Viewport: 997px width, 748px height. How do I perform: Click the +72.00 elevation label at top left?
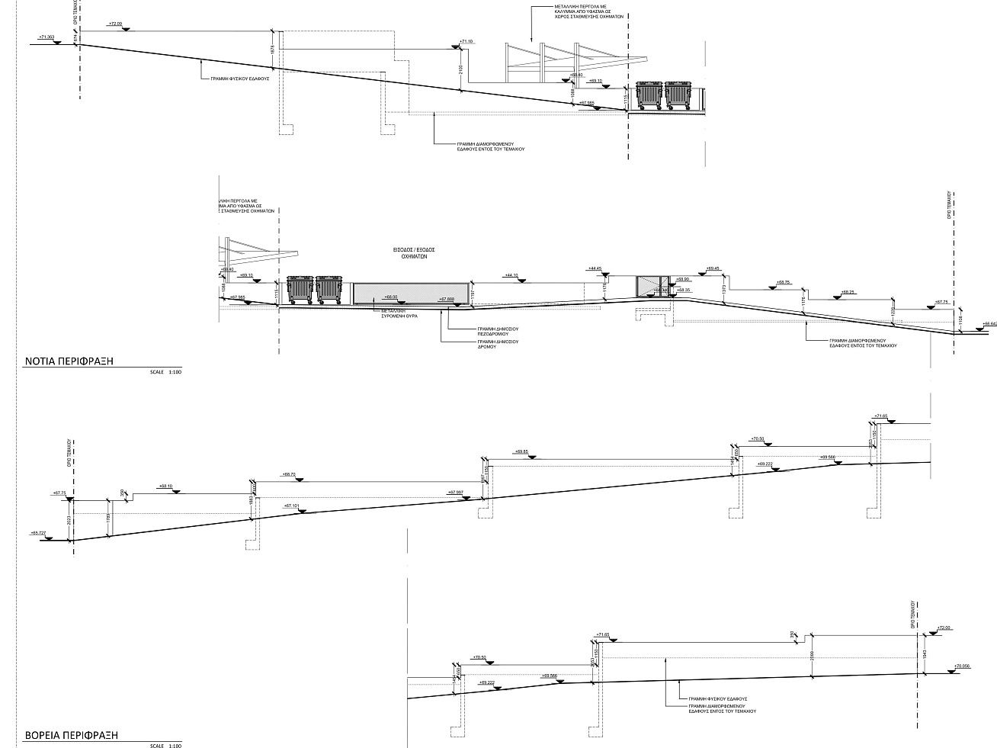click(116, 24)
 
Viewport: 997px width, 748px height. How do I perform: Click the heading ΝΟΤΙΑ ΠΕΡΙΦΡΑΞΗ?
click(69, 361)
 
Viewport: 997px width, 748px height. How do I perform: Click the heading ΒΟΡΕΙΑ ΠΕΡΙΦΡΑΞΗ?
click(72, 736)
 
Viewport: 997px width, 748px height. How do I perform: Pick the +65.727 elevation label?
click(39, 532)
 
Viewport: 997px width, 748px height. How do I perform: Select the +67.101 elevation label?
click(292, 506)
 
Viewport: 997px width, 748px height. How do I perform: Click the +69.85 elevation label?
click(522, 451)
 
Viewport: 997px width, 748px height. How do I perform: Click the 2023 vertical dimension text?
click(69, 520)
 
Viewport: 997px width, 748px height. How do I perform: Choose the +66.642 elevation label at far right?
click(989, 323)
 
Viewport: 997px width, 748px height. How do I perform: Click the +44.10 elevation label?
click(511, 274)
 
